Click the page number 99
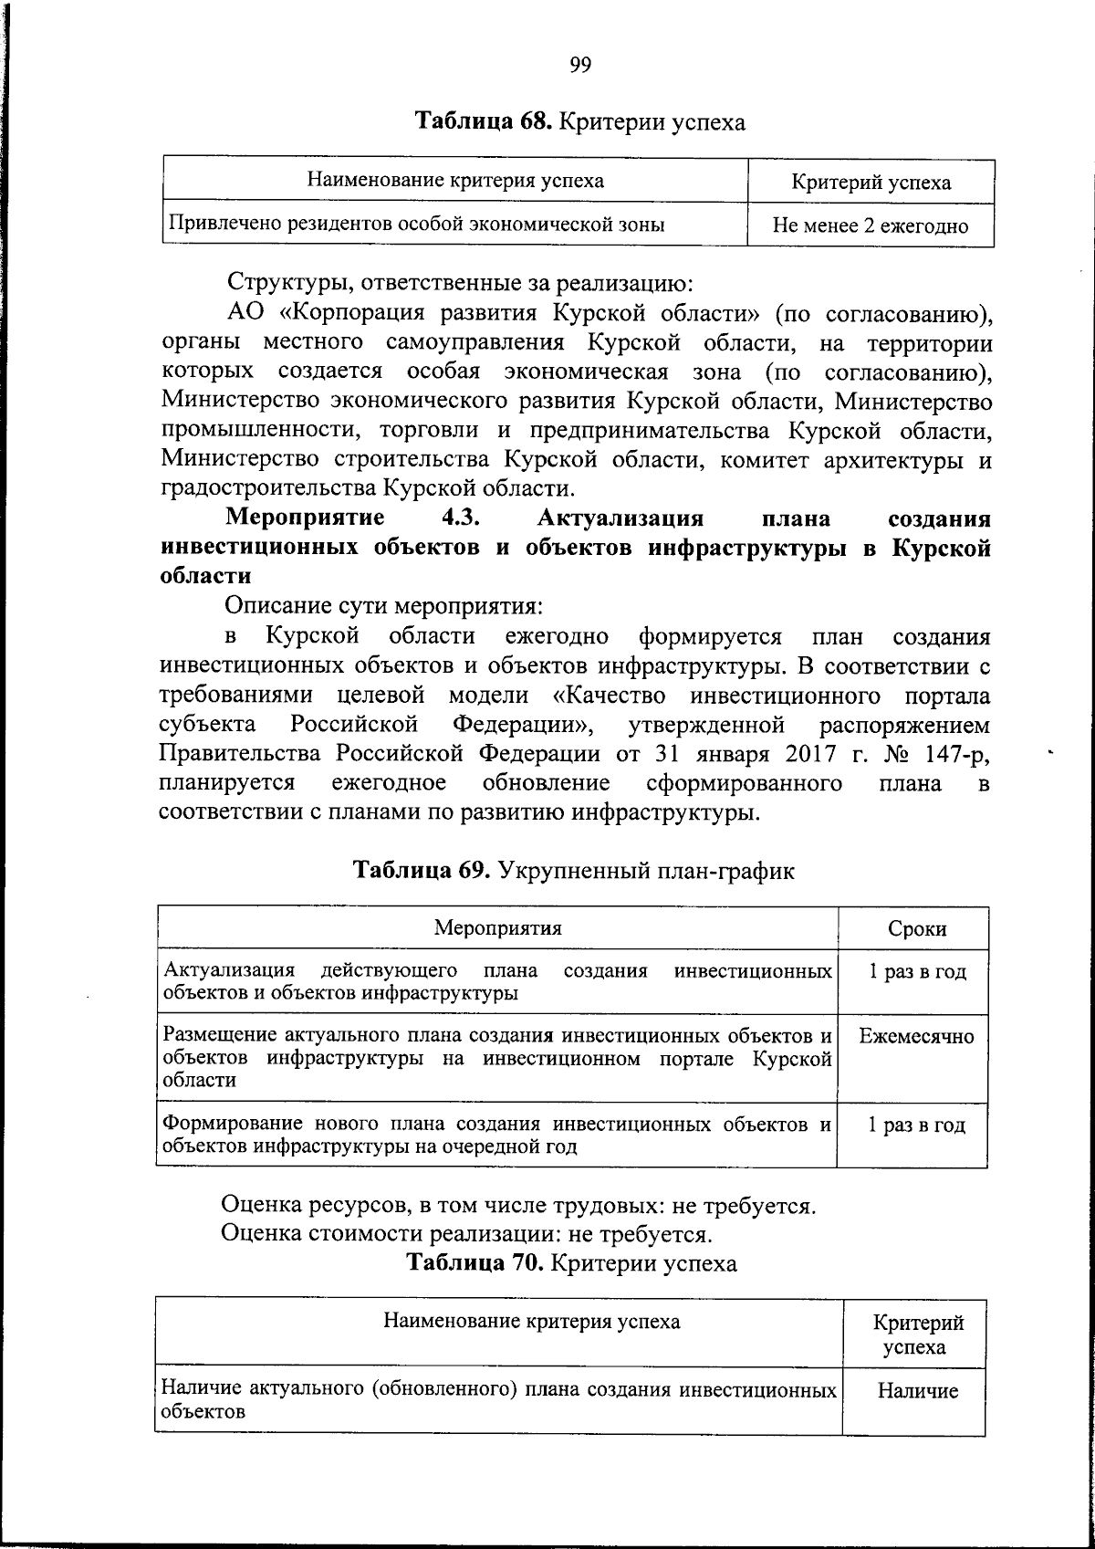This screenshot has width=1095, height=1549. [x=580, y=64]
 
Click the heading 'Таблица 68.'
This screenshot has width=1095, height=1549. [x=483, y=120]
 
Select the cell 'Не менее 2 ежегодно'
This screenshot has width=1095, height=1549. [x=870, y=225]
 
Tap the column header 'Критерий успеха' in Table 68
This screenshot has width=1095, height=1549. [x=870, y=182]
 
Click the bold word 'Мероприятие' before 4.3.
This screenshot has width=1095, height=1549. [x=305, y=518]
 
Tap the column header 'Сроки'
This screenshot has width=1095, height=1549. [x=916, y=928]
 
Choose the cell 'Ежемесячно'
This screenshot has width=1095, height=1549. [x=916, y=1036]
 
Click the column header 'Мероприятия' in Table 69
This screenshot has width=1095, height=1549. [x=497, y=928]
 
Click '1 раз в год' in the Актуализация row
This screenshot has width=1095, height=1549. [x=916, y=971]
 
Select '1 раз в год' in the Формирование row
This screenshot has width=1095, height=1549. [x=916, y=1125]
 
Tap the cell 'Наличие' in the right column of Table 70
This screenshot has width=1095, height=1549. [x=917, y=1391]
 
